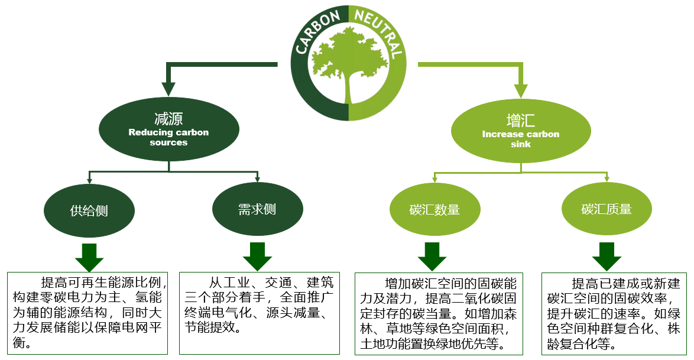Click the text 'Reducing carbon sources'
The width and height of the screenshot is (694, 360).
[168, 137]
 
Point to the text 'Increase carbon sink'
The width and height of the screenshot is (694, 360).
[520, 139]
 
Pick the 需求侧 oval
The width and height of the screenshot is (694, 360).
[257, 209]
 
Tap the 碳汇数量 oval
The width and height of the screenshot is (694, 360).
[434, 210]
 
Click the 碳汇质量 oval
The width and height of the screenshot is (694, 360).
[607, 209]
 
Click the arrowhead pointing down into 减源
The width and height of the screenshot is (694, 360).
[168, 89]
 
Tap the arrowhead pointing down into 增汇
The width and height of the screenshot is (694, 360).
[520, 90]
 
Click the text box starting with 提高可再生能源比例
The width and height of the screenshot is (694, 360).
[89, 313]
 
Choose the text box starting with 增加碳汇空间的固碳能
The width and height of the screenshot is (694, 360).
[439, 313]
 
